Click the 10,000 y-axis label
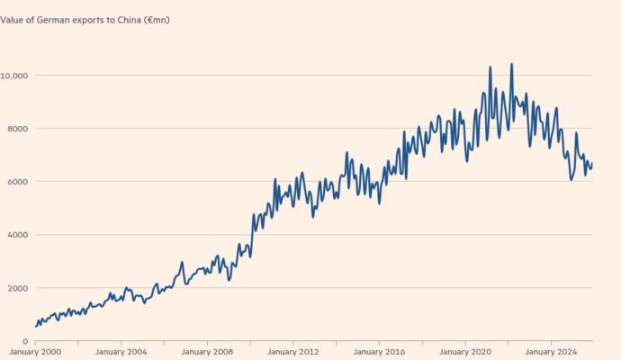point(15,76)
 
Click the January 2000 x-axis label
point(34,351)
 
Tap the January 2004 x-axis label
point(121,351)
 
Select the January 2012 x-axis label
point(292,351)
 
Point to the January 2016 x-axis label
point(379,351)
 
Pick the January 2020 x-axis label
point(465,351)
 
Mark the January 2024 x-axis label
point(551,351)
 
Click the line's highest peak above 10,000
point(511,64)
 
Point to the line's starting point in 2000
point(36,326)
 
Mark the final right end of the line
point(592,163)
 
